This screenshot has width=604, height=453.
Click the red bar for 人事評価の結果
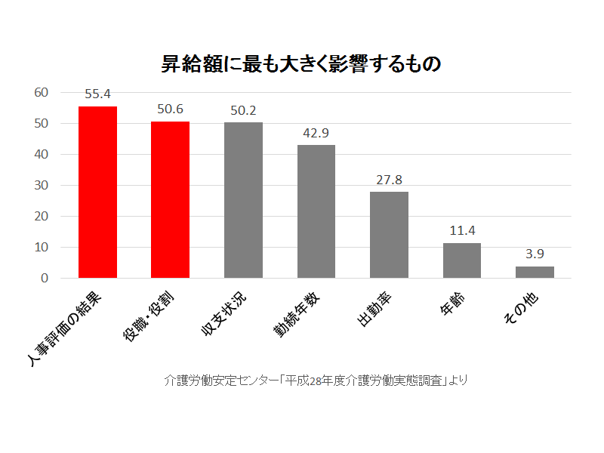(97, 192)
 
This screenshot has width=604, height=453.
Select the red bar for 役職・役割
(170, 199)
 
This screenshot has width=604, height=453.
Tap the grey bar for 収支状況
(243, 200)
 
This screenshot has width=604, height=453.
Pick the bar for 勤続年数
(316, 211)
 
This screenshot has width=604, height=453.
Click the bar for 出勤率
(389, 235)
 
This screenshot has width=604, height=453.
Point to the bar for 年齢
(461, 260)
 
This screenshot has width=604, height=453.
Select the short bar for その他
(535, 273)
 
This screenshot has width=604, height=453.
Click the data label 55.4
(97, 94)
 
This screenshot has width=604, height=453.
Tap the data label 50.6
(170, 109)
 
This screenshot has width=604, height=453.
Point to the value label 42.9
(316, 133)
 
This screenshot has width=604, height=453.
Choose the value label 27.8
(389, 180)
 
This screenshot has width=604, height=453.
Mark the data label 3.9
(535, 254)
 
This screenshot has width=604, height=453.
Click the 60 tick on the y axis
(42, 92)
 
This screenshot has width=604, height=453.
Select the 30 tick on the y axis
(42, 185)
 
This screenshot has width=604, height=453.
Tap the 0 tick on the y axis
(45, 278)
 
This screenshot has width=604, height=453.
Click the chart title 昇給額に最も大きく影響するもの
(301, 63)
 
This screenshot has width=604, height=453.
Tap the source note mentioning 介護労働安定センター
(316, 380)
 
